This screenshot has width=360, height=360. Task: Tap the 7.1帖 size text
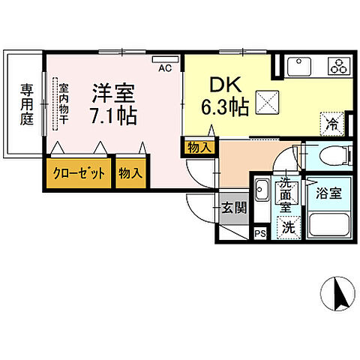[112, 118]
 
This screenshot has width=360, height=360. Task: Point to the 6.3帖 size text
[223, 106]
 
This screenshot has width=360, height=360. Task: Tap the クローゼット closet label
[79, 173]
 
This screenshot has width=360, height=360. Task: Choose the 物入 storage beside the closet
[130, 173]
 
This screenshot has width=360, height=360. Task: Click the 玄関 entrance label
[233, 208]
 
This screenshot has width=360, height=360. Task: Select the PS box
[260, 233]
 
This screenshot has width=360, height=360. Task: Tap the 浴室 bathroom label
[328, 192]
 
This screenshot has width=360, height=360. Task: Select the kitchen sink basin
[300, 67]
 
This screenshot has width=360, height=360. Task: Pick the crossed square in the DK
[268, 100]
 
